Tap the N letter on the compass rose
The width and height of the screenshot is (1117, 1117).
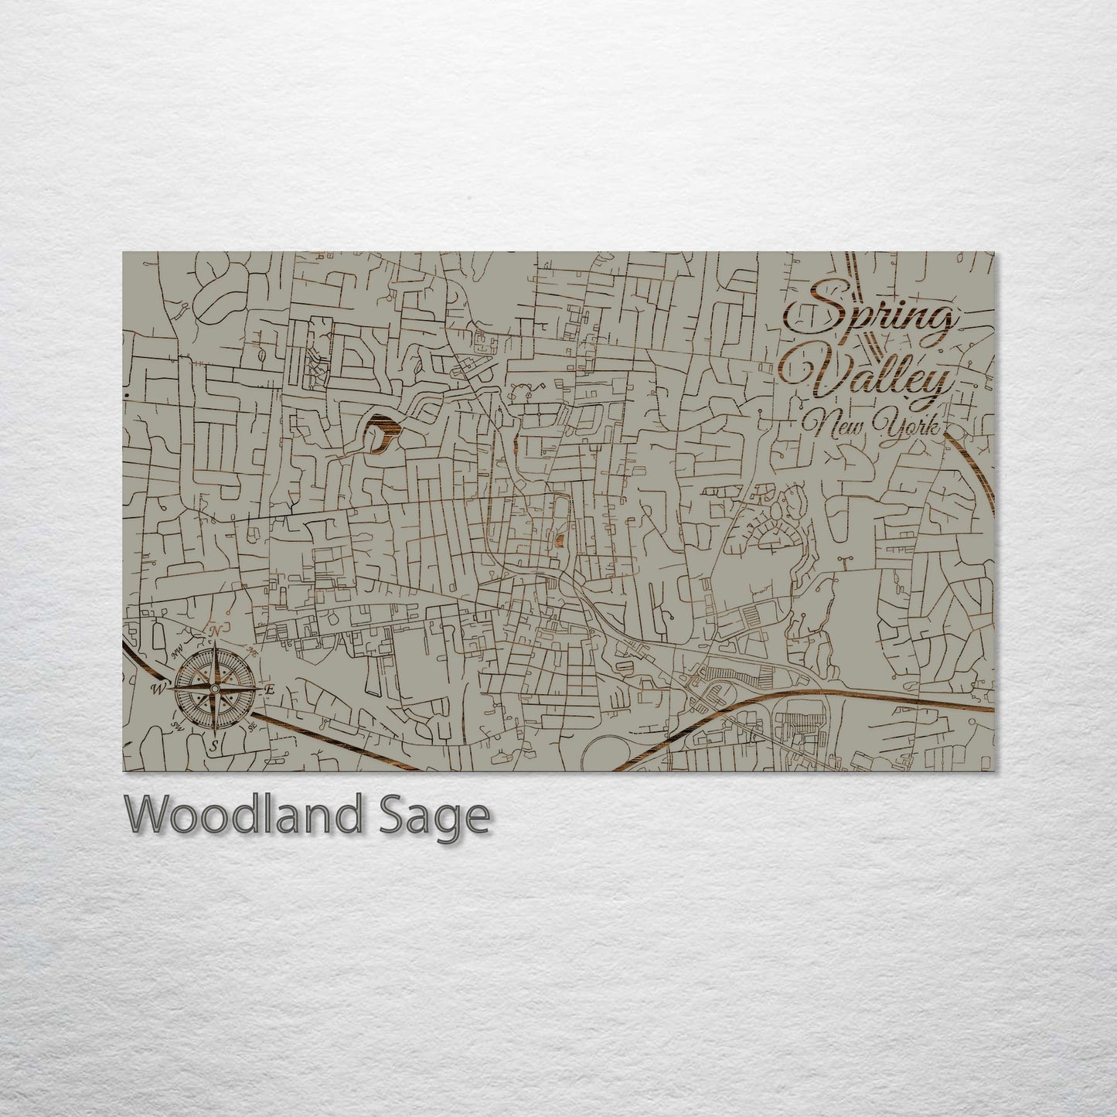tap(216, 632)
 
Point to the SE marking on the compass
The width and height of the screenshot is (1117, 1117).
tap(252, 728)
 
